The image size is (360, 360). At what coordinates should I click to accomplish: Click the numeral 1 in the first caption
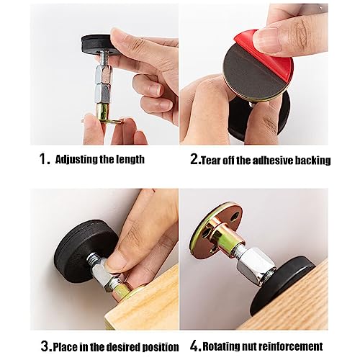coord(42,159)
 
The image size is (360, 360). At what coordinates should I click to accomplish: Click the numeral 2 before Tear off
coord(194,159)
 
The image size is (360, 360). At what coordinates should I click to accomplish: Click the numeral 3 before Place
coord(45,346)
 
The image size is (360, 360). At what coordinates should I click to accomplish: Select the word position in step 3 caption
coord(161,348)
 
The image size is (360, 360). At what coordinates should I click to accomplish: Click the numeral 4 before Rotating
coord(194,346)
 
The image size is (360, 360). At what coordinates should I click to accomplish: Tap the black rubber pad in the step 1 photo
coord(96,43)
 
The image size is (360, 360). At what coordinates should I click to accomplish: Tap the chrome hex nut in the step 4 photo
coord(256,265)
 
